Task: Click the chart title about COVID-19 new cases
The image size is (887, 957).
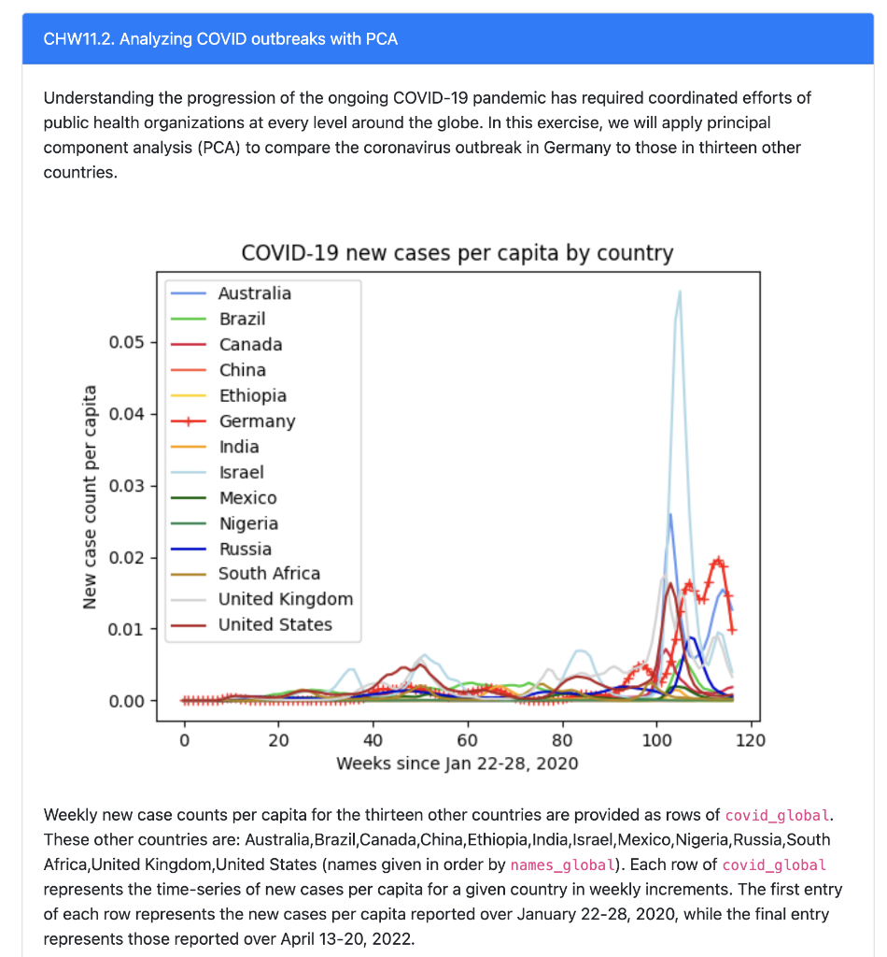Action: (457, 253)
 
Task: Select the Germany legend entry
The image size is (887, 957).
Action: (257, 421)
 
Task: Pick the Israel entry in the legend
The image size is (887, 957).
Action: (241, 473)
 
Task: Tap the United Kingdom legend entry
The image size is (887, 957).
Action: (285, 599)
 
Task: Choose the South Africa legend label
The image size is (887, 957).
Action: (269, 574)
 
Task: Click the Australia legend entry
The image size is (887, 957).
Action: (254, 293)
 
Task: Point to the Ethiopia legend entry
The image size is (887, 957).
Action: (252, 396)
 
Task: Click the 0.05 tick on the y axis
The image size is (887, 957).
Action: (127, 342)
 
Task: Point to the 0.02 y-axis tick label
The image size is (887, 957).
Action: (127, 558)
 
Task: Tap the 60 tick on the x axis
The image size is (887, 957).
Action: (468, 741)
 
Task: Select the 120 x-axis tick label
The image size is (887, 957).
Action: (751, 741)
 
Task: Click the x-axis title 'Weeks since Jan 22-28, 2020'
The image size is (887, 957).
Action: (457, 764)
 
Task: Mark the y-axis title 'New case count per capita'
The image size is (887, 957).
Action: (91, 496)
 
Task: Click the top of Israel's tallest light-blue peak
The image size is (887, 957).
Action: (680, 292)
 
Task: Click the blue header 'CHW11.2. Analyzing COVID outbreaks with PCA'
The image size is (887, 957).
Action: (220, 39)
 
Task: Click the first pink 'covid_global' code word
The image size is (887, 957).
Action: (777, 814)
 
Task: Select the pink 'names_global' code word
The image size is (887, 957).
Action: (563, 864)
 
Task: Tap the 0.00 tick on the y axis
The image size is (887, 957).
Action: (127, 701)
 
